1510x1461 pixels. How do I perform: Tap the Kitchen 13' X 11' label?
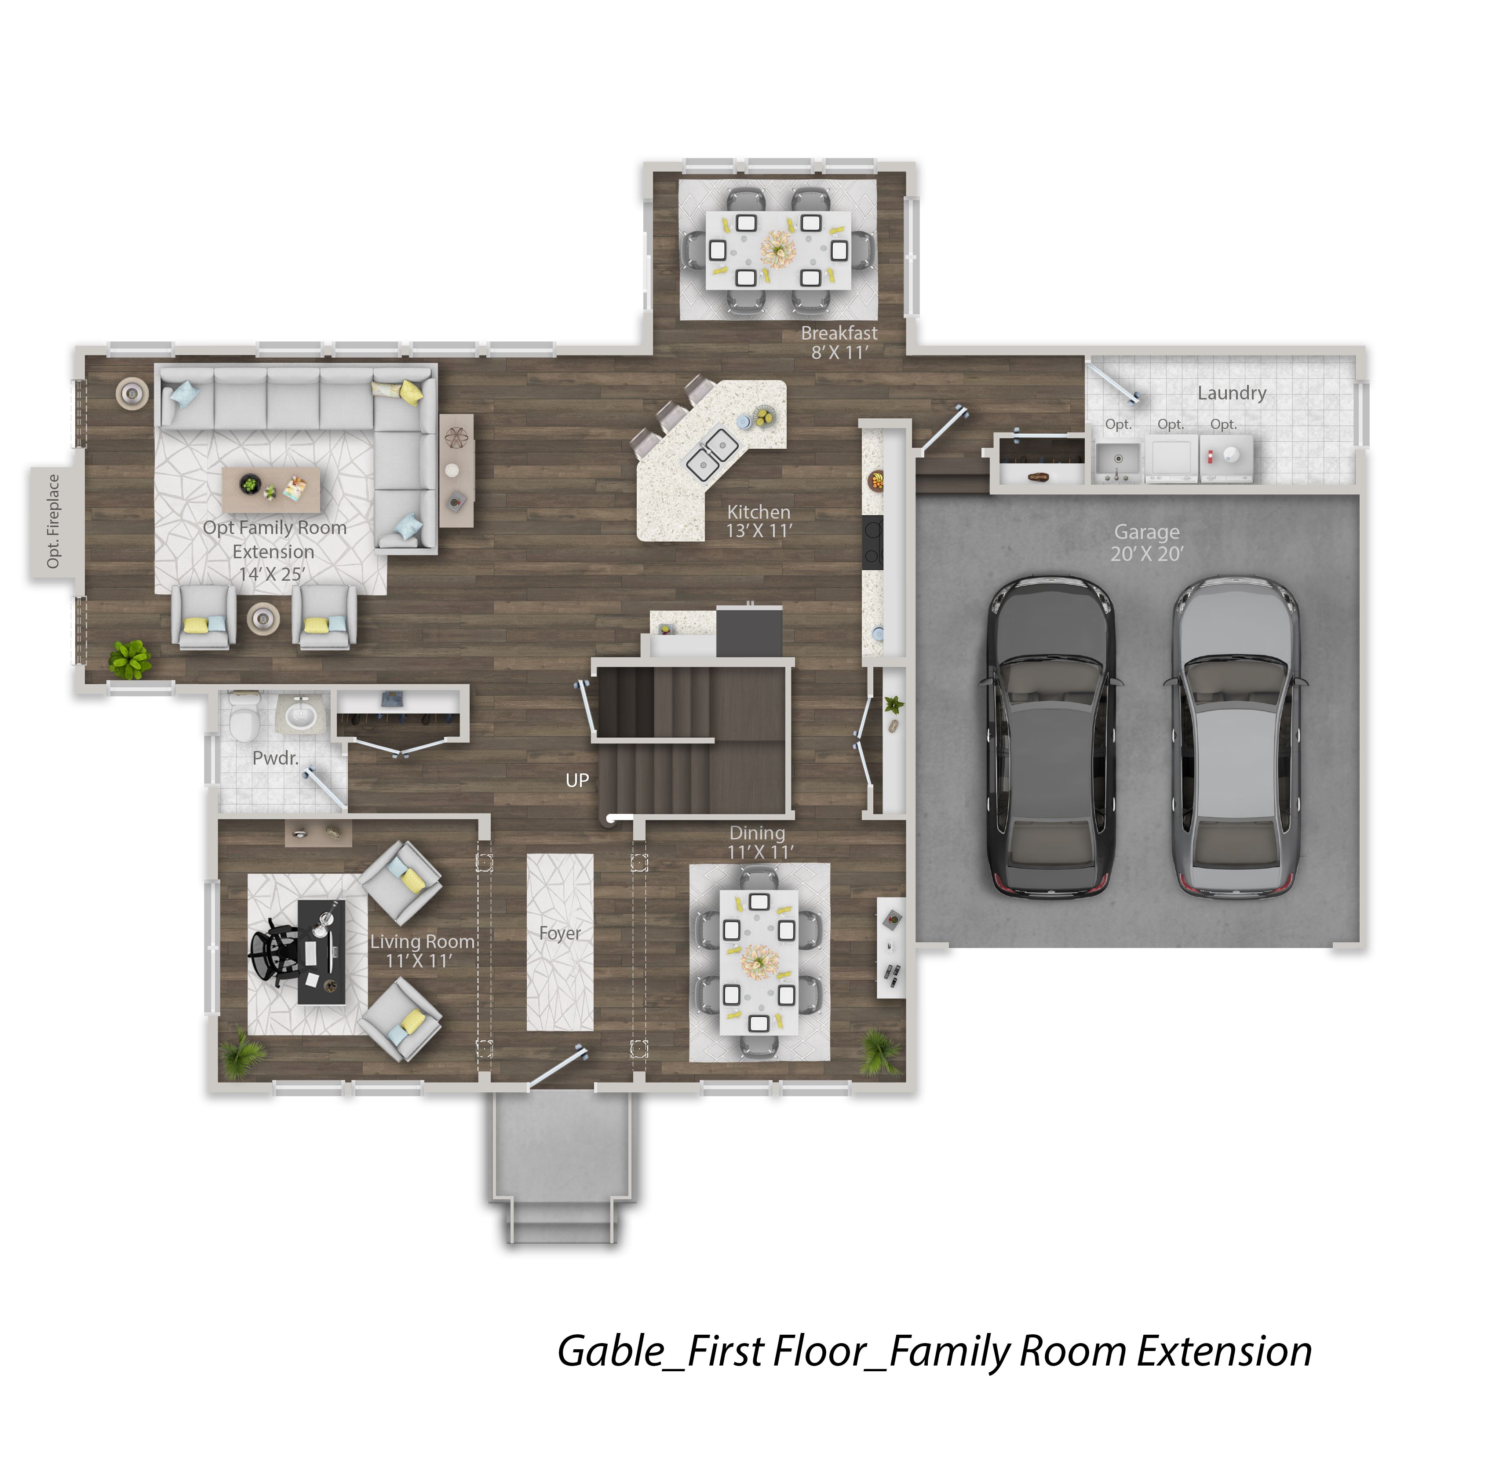click(x=759, y=521)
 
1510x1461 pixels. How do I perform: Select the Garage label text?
click(x=1146, y=532)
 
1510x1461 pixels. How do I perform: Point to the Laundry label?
click(x=1232, y=393)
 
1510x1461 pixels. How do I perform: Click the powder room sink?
click(x=301, y=715)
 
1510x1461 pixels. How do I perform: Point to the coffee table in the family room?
click(x=271, y=489)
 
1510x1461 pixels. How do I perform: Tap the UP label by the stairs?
click(x=577, y=780)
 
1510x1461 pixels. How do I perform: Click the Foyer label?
click(x=560, y=933)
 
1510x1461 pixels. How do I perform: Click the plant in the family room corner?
click(x=129, y=659)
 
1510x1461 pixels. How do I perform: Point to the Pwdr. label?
click(x=275, y=758)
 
